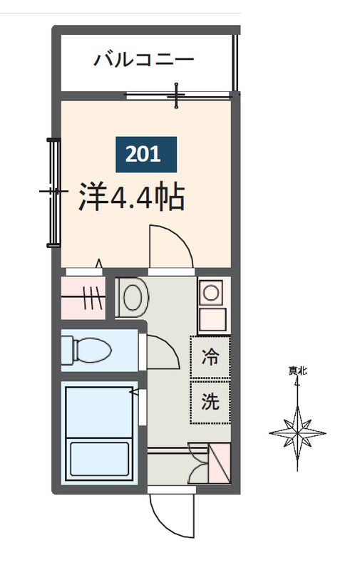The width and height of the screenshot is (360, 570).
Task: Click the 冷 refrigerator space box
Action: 210,357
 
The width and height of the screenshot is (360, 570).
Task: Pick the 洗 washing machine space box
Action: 210,401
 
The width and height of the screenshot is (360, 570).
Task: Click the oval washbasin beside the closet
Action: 132,297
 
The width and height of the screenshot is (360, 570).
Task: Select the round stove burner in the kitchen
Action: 210,291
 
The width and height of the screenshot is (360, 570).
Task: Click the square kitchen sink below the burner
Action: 210,320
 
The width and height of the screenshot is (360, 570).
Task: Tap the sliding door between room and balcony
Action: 178,94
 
